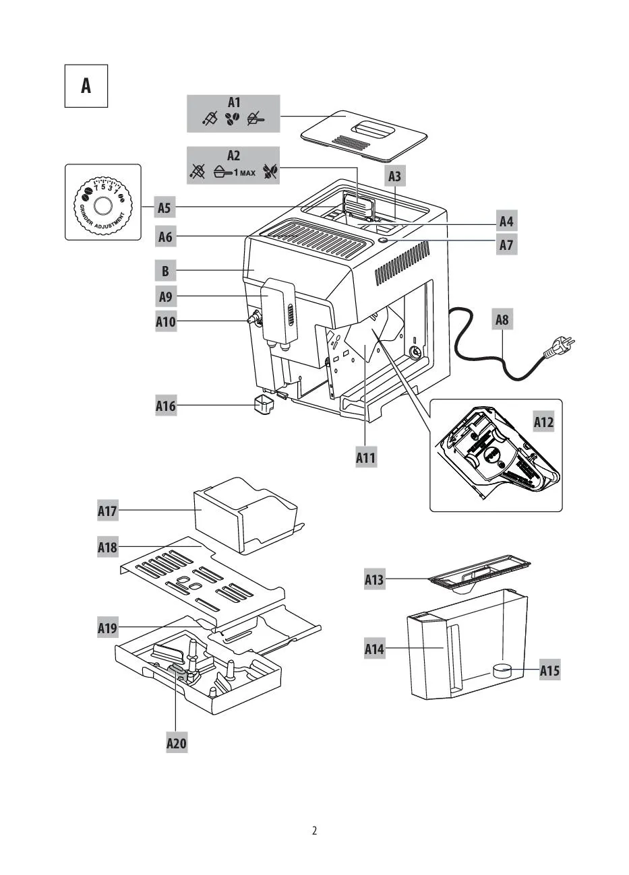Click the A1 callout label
[x=234, y=103]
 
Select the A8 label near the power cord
[x=502, y=320]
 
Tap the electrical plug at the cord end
[x=559, y=348]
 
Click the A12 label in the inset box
[x=543, y=422]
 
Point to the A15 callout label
[x=549, y=671]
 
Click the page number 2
[x=314, y=831]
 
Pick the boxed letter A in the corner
[x=86, y=86]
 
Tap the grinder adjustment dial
[x=103, y=202]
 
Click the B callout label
[x=165, y=271]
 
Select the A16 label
[x=166, y=406]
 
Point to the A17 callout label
[x=108, y=511]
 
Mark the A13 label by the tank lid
[x=375, y=579]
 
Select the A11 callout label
[x=366, y=458]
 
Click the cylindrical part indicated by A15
[x=501, y=670]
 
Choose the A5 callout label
[x=164, y=207]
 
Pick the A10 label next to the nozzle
[x=166, y=321]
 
